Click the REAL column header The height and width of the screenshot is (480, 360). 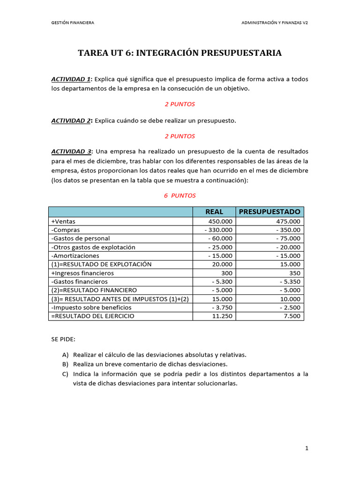click(214, 211)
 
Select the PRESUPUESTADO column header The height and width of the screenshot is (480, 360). click(270, 211)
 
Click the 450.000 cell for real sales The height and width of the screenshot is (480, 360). click(220, 221)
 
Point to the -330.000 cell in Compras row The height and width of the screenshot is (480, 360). click(218, 230)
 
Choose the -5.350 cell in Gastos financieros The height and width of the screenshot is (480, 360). click(290, 282)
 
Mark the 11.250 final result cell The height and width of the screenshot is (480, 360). click(221, 316)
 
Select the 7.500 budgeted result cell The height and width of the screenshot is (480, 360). click(292, 316)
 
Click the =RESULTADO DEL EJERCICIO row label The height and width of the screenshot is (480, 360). click(92, 316)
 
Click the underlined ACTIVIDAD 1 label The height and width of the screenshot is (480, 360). click(71, 79)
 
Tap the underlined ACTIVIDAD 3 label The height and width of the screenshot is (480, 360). click(71, 151)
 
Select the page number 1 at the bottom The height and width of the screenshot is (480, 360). click(307, 449)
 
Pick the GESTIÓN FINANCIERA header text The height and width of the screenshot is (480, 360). click(73, 22)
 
